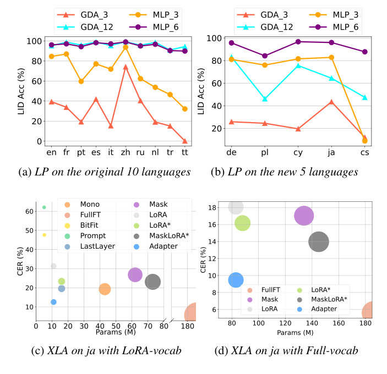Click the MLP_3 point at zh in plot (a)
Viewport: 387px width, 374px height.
[126, 47]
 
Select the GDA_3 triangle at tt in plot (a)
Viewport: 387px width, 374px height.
[184, 141]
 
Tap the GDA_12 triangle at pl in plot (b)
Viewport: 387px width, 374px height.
[265, 99]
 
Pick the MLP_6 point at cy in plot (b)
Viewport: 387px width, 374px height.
[298, 42]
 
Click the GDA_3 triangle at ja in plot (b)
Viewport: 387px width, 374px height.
[331, 102]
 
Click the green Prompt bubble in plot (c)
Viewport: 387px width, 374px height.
[44, 207]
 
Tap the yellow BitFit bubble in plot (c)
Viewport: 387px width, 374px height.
[44, 235]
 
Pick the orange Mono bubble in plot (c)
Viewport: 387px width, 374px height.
[105, 289]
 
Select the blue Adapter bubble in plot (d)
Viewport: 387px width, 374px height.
[236, 280]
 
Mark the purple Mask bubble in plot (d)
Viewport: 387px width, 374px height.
[304, 216]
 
